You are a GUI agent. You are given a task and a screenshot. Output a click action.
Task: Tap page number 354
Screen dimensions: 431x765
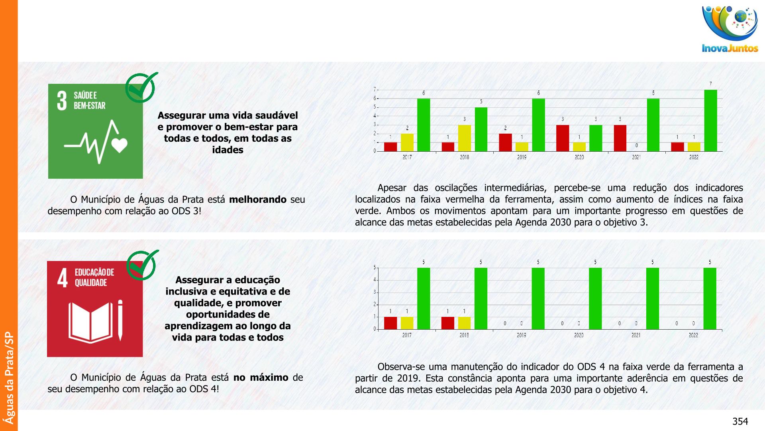point(740,421)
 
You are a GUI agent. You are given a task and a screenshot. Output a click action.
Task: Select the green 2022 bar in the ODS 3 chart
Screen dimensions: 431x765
point(710,121)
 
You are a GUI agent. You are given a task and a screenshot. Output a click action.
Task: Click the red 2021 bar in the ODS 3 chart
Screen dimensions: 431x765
point(620,138)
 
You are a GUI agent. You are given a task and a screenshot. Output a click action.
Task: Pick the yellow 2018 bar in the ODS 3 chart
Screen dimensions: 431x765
point(464,138)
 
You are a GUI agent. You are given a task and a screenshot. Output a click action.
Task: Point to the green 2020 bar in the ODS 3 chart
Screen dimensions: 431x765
point(596,138)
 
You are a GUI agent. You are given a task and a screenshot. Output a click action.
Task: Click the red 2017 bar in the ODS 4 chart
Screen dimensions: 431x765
point(390,323)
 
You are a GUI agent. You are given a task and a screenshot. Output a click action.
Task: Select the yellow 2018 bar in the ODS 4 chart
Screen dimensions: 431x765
point(464,323)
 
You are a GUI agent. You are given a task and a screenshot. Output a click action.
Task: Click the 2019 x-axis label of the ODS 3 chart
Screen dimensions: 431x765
point(522,157)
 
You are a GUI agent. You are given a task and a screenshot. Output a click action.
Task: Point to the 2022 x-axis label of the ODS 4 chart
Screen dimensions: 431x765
point(693,335)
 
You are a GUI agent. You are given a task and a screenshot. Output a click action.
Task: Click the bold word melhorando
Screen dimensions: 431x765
point(257,200)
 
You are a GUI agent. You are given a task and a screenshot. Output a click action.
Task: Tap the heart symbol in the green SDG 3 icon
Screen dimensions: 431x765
point(120,145)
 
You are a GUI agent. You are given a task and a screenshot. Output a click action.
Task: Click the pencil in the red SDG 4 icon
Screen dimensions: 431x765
point(120,320)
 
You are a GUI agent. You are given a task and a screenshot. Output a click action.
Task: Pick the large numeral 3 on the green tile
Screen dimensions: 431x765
point(62,101)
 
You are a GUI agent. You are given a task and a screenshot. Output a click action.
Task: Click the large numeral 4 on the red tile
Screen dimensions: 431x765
point(63,278)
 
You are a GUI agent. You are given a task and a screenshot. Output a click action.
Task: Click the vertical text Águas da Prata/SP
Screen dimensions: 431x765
point(9,378)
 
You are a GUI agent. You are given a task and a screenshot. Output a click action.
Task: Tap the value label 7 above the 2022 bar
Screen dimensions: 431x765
point(710,84)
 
